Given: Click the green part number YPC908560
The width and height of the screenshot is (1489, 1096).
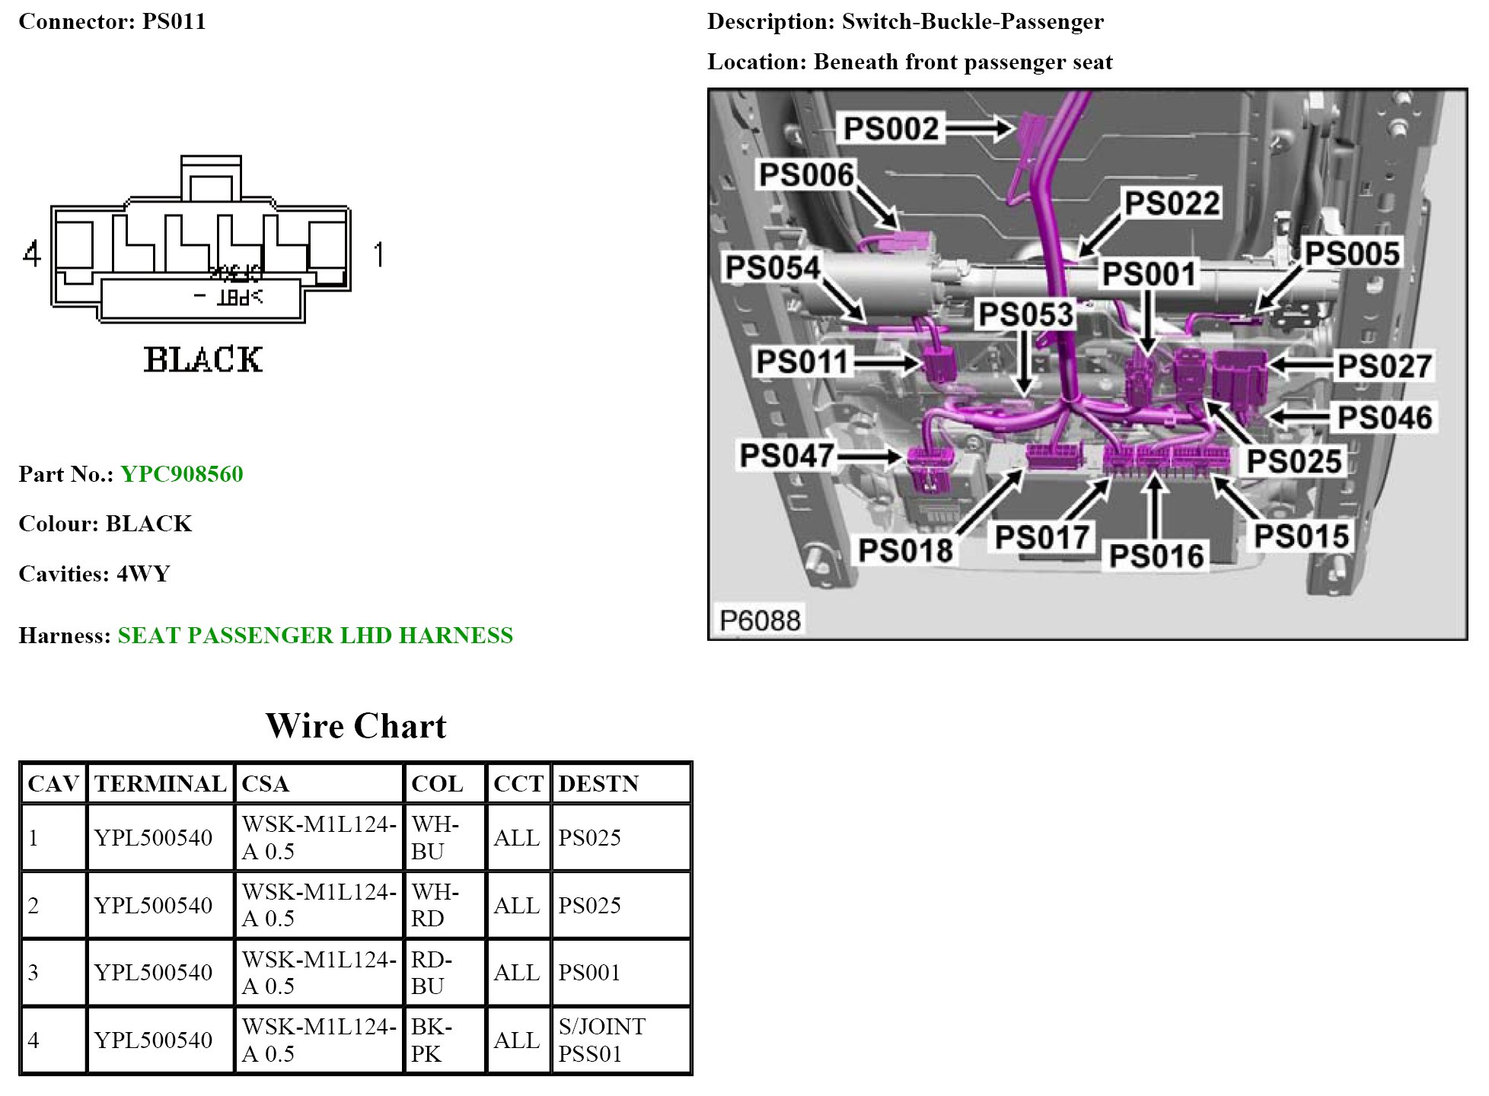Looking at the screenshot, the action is pyautogui.click(x=182, y=474).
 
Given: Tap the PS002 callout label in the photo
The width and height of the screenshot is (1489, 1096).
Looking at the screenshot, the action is pyautogui.click(x=891, y=129).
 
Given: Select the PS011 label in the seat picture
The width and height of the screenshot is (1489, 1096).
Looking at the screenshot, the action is pyautogui.click(x=802, y=362).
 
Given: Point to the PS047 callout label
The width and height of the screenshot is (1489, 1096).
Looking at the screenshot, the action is pyautogui.click(x=787, y=455).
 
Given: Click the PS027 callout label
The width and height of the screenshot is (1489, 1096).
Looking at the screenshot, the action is pyautogui.click(x=1385, y=366).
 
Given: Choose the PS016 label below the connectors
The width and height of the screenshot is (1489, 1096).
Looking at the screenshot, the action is pyautogui.click(x=1156, y=556).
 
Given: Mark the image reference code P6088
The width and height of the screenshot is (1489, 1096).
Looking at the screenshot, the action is pyautogui.click(x=760, y=620).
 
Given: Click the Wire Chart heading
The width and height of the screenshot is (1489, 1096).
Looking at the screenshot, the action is pyautogui.click(x=356, y=726).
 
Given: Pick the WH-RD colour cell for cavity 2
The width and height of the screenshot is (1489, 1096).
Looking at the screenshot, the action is pyautogui.click(x=435, y=905).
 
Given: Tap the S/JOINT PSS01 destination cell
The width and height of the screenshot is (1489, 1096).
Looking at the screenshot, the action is pyautogui.click(x=601, y=1040).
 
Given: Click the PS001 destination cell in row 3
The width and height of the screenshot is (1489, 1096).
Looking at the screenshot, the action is pyautogui.click(x=589, y=972).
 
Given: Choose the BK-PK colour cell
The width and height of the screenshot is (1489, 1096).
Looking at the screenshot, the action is pyautogui.click(x=431, y=1040).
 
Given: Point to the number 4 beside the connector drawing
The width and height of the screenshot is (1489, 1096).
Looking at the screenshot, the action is pyautogui.click(x=31, y=253).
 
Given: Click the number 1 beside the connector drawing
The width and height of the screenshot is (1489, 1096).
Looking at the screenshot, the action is pyautogui.click(x=378, y=253).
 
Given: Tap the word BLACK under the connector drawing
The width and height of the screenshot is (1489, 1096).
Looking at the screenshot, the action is pyautogui.click(x=203, y=360).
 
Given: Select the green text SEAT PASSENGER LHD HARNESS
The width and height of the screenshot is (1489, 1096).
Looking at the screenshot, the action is pyautogui.click(x=315, y=636).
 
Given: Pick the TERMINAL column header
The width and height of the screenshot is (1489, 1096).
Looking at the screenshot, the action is pyautogui.click(x=160, y=783).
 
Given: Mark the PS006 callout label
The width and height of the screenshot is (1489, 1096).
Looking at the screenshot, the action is pyautogui.click(x=806, y=175).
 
